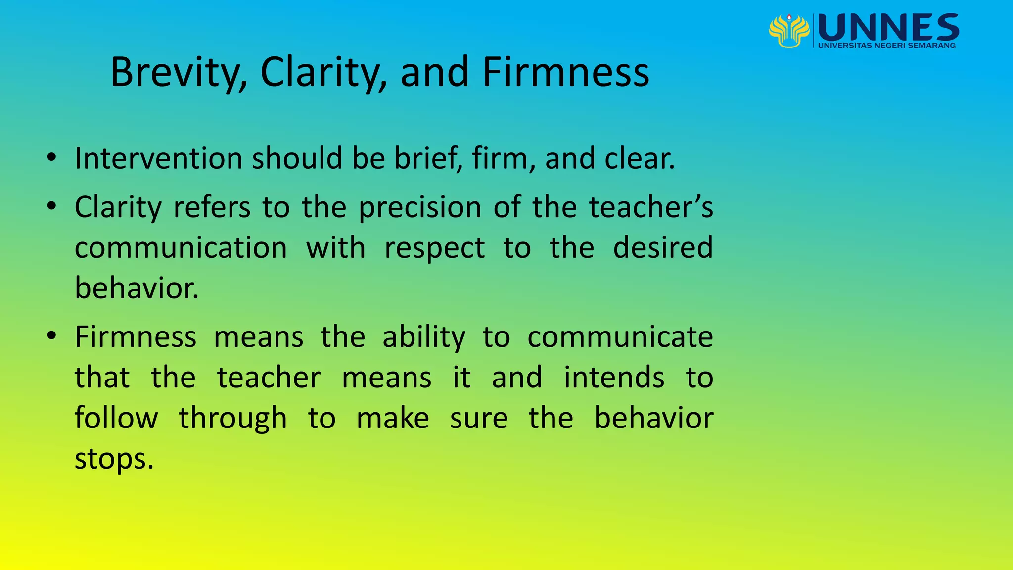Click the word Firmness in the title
(565, 73)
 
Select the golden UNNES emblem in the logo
(789, 31)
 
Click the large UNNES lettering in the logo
(889, 27)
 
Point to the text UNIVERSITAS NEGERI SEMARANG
(887, 46)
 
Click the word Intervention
(158, 158)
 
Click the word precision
(420, 208)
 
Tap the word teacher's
(651, 207)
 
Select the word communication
(181, 247)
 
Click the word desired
(663, 247)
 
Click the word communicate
(620, 337)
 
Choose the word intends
(614, 378)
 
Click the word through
(232, 419)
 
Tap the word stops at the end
(114, 459)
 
